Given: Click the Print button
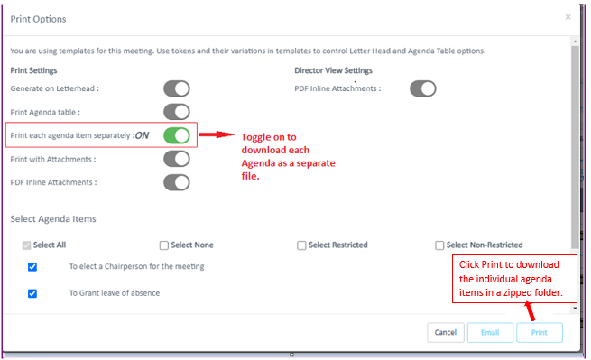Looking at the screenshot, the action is point(540,332).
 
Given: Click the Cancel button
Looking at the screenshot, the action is point(446,332).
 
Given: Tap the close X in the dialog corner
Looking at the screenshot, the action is point(568,17).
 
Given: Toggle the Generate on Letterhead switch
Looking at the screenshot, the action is point(177,88).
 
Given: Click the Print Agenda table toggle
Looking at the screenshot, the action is point(177,112).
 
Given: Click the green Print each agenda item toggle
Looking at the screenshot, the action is point(177,135).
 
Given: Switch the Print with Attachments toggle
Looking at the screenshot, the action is point(177,159).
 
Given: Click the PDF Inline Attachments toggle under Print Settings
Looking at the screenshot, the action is point(177,182).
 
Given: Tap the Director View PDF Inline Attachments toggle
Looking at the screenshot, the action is point(423,88).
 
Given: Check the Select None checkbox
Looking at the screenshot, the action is point(164,245).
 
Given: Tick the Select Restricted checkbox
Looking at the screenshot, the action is point(301,245).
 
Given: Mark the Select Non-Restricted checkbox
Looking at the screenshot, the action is point(439,245).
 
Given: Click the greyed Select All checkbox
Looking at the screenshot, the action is point(26,245).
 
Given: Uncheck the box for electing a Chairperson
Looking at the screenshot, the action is point(32,267).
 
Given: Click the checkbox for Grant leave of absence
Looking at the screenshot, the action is point(32,293).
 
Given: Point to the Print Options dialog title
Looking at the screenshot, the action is point(38,19).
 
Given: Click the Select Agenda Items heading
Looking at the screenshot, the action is point(53,218).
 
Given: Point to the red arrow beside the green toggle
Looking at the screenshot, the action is point(217,134).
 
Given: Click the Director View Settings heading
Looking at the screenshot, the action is point(333,70).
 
